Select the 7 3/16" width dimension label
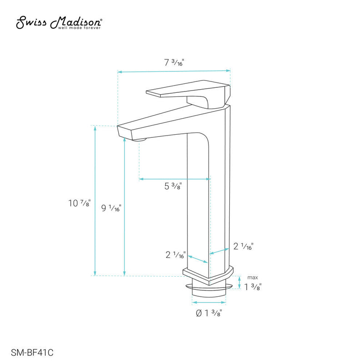click(174, 63)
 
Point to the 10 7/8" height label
click(78, 203)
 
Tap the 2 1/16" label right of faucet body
click(243, 247)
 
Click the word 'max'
click(253, 277)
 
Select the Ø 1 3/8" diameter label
click(209, 313)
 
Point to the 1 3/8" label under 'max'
click(253, 287)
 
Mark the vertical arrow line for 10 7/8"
click(95, 200)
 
